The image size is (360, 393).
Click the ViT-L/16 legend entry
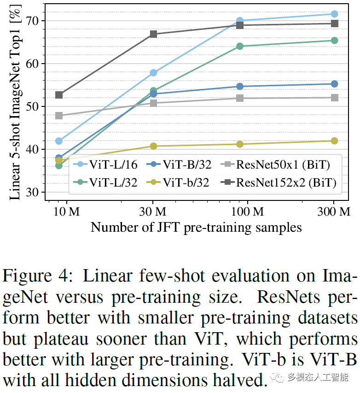point(105,164)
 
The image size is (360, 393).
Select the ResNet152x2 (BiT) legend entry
point(279,183)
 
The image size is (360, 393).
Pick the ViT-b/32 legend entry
point(177,183)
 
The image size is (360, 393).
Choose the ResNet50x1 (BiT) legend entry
point(275,164)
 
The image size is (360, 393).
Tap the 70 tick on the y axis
point(32,21)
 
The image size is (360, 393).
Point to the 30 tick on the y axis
point(32,192)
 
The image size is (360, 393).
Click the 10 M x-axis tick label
point(67,211)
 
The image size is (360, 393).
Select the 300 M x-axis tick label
point(334,211)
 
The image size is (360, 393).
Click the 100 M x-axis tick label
point(247,211)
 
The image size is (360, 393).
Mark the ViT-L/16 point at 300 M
point(334,14)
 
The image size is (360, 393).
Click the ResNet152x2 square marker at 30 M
point(153,34)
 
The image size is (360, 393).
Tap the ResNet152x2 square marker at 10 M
point(59,95)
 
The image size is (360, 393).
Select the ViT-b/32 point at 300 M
point(334,141)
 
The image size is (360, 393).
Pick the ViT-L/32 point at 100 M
point(240,46)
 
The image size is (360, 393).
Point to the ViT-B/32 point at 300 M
point(334,84)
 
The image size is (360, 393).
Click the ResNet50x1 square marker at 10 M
point(59,116)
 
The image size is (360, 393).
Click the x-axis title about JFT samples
point(196,228)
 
